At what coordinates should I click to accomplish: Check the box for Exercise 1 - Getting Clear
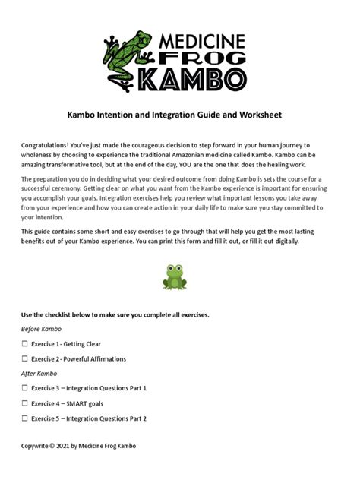click(x=24, y=344)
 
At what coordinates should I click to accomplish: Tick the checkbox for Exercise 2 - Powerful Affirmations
click(x=24, y=358)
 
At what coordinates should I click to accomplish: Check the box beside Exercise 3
click(x=24, y=388)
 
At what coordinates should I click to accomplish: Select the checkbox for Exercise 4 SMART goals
click(x=24, y=403)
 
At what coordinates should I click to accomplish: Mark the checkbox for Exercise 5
click(x=24, y=418)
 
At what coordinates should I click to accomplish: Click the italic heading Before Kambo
click(x=41, y=329)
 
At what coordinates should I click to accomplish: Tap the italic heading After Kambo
click(x=39, y=374)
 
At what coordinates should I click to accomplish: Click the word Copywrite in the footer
click(x=37, y=446)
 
